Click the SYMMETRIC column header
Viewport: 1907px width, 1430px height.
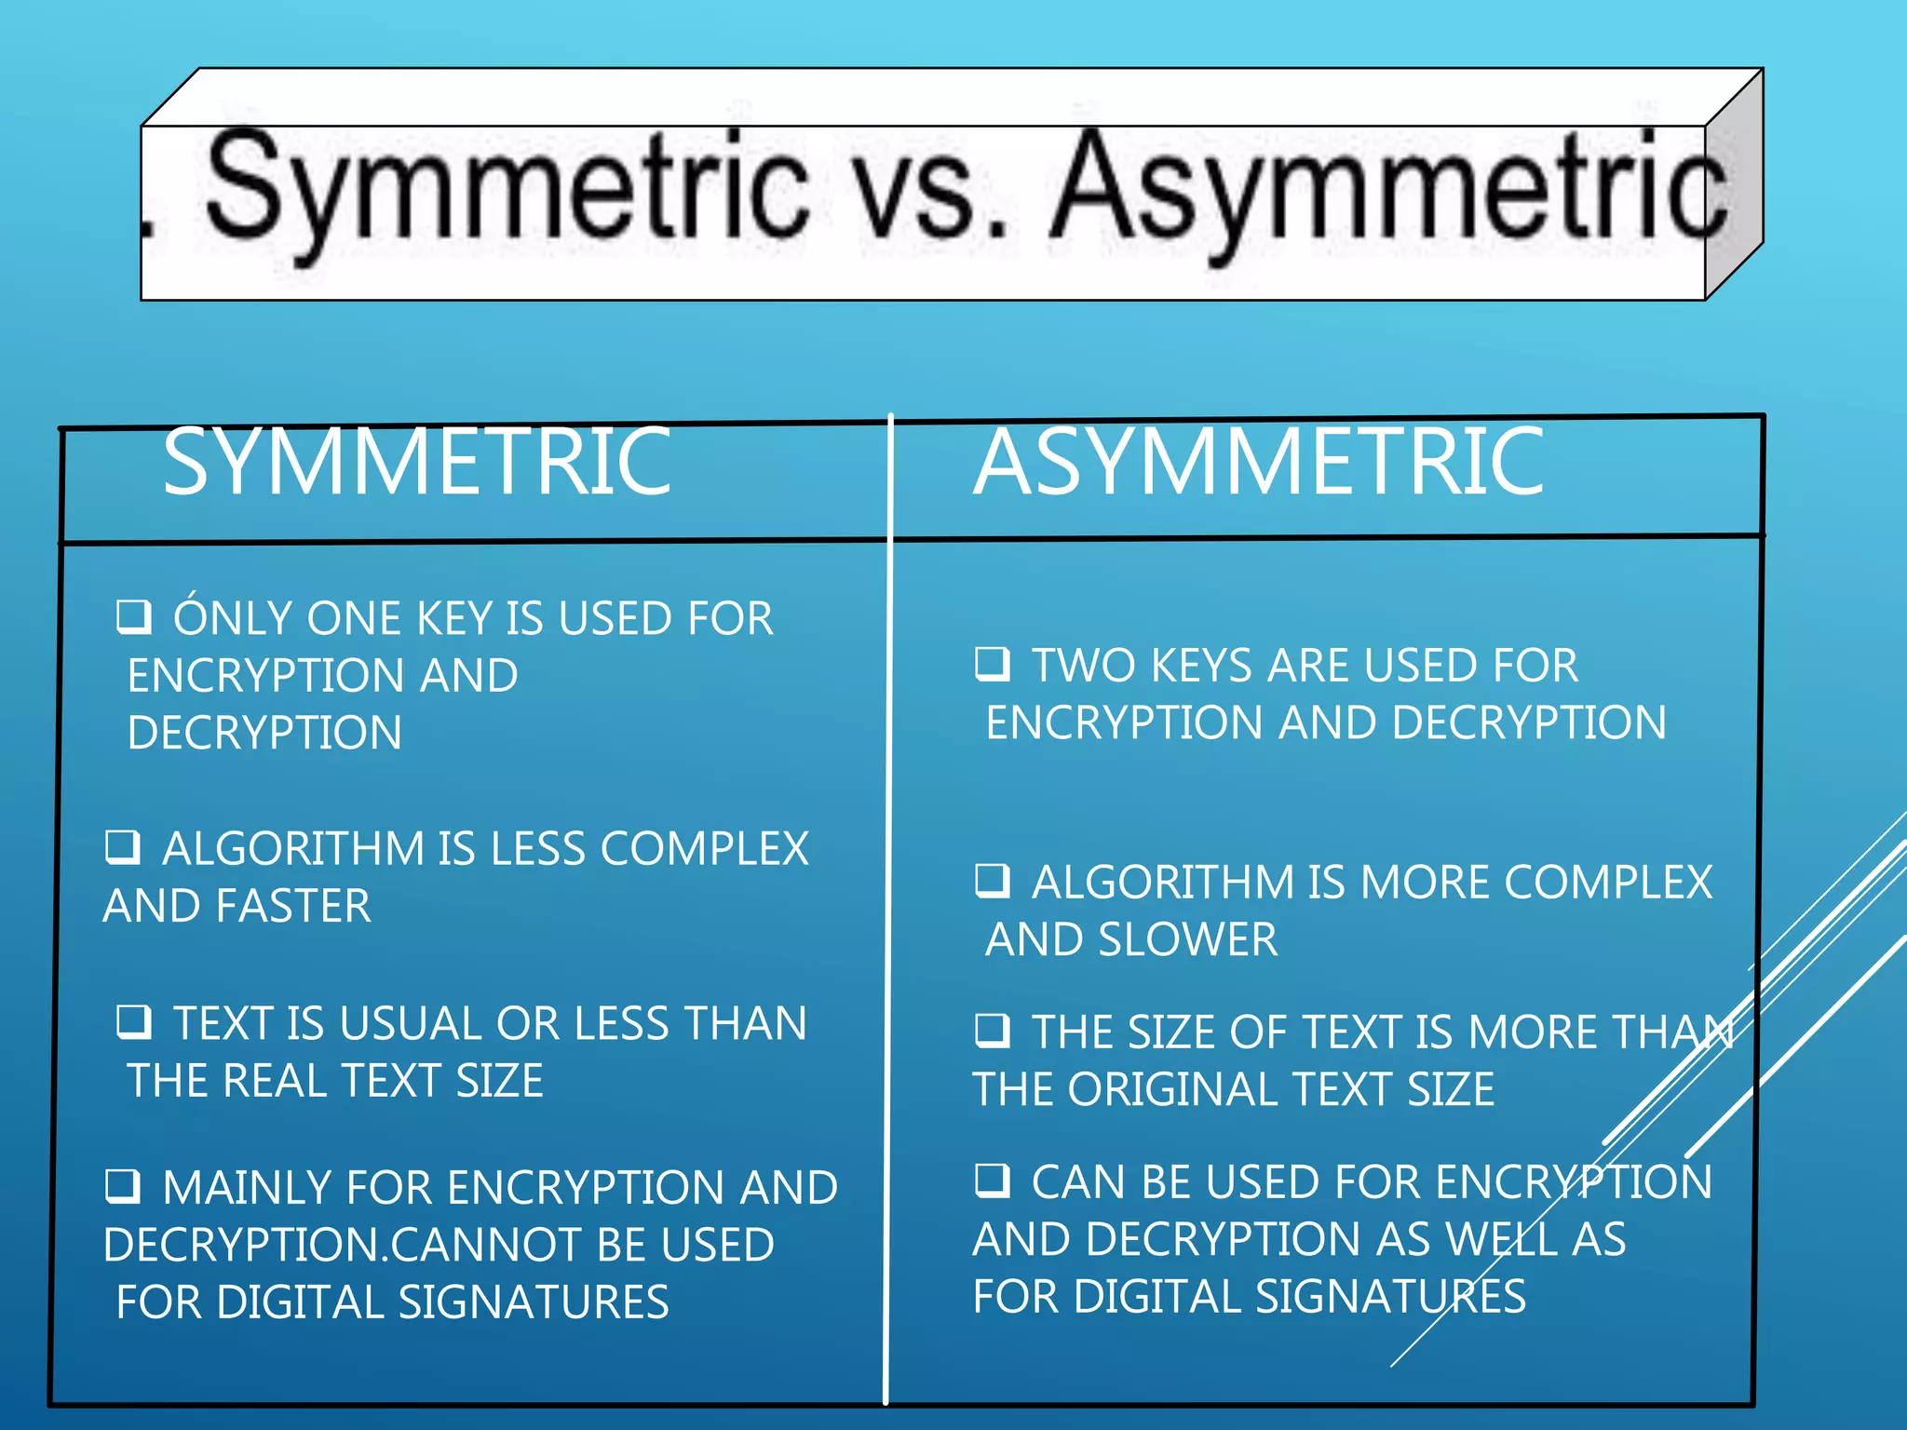pyautogui.click(x=416, y=462)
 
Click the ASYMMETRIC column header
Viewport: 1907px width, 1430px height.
pyautogui.click(x=1259, y=462)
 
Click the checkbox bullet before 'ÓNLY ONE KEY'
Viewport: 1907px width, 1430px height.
pyautogui.click(x=134, y=616)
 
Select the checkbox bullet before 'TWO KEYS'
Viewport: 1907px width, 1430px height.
pyautogui.click(x=993, y=664)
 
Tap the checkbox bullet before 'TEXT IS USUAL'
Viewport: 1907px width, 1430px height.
pyautogui.click(x=134, y=1021)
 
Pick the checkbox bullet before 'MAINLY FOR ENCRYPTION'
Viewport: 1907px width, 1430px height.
pyautogui.click(x=122, y=1185)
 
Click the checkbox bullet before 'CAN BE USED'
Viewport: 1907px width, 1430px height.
pyautogui.click(x=993, y=1180)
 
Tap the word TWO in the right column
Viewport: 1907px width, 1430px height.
pyautogui.click(x=1085, y=666)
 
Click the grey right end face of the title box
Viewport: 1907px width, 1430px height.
pyautogui.click(x=1734, y=186)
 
